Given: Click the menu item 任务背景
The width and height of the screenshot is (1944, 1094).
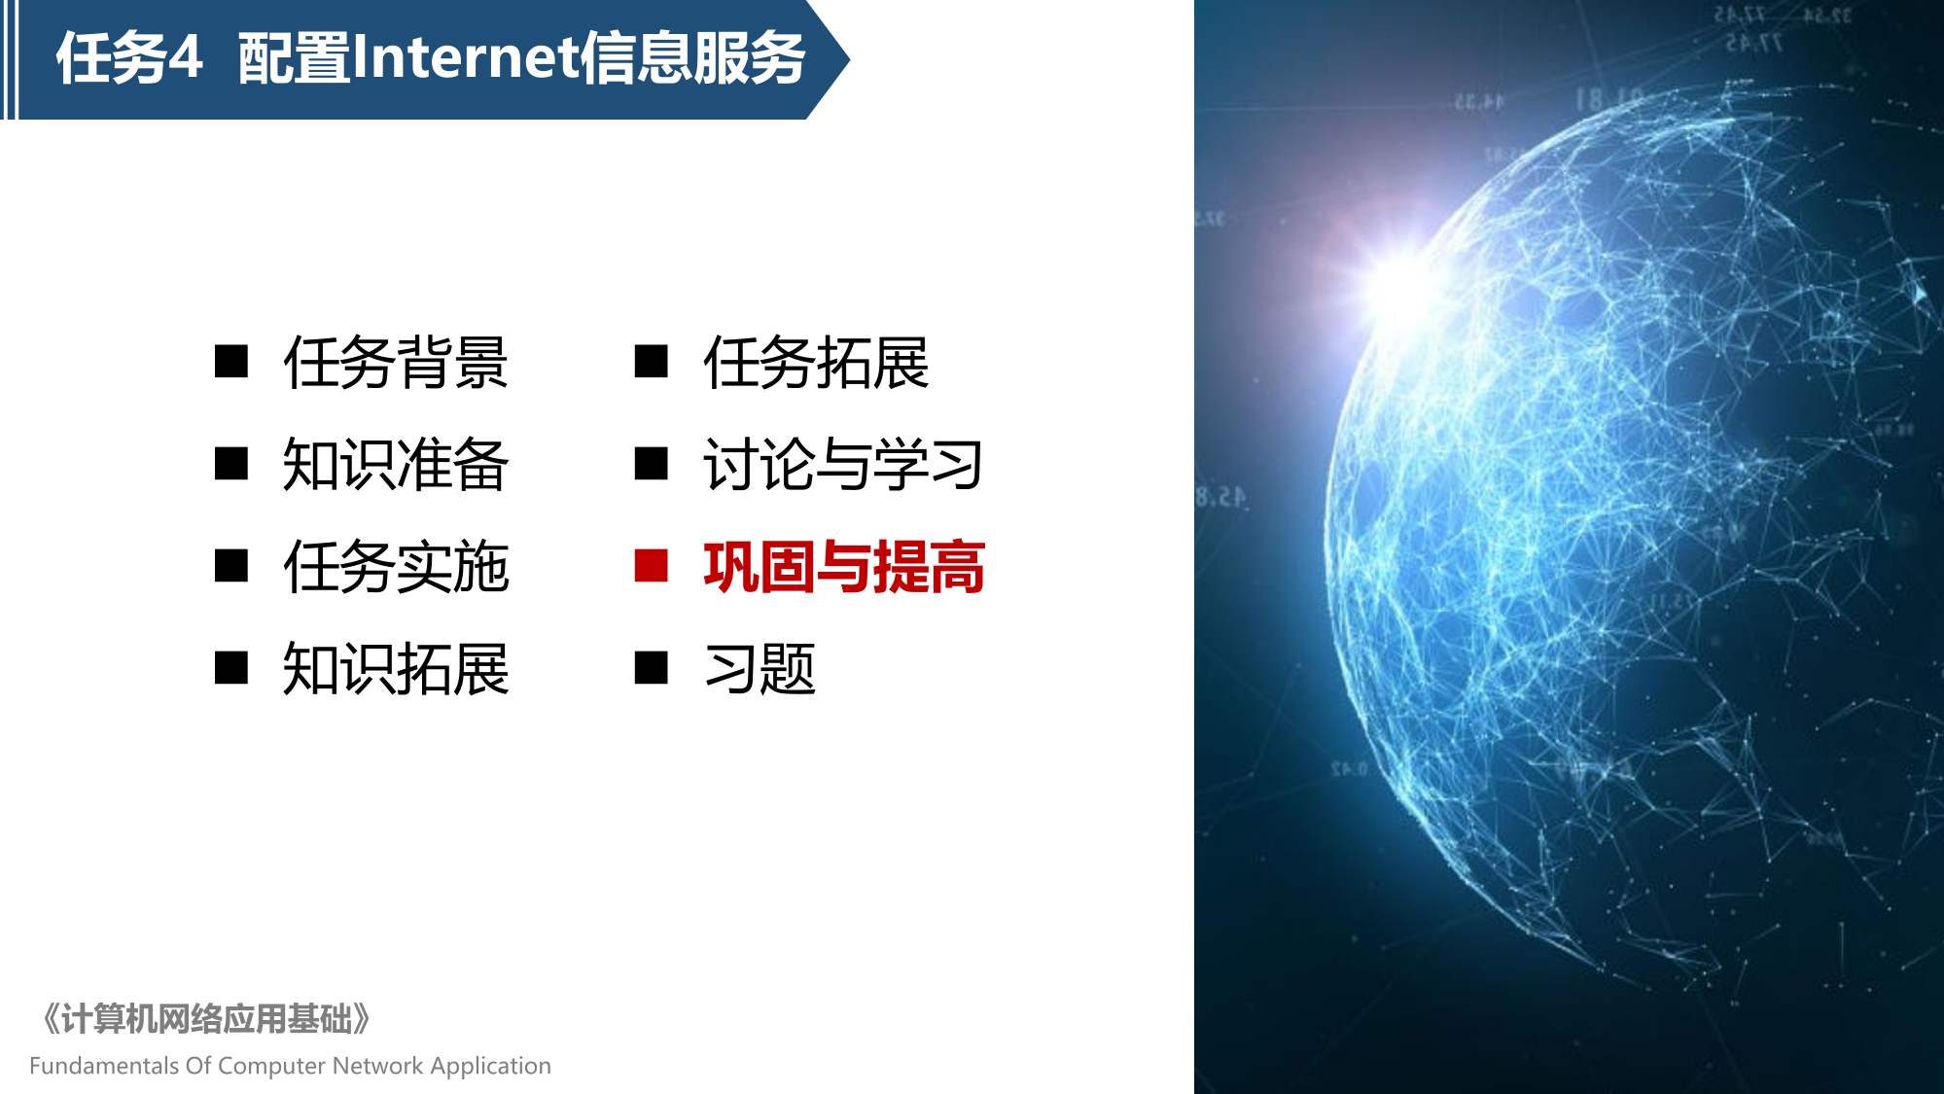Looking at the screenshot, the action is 396,363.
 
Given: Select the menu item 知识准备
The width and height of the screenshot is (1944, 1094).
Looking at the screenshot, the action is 396,465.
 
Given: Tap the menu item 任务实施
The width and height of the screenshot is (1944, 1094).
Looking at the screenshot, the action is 396,567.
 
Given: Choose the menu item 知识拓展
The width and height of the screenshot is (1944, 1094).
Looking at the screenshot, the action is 396,669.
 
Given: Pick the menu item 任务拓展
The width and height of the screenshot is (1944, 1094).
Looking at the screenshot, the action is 816,363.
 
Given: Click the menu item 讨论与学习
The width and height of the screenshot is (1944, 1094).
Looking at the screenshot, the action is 843,465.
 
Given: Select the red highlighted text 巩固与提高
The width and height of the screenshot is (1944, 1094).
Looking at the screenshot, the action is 844,567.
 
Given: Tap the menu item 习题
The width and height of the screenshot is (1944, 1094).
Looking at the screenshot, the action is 760,669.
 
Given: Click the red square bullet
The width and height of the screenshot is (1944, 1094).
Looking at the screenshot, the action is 651,566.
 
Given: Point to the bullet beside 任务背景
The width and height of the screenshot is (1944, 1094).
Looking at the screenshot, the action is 231,362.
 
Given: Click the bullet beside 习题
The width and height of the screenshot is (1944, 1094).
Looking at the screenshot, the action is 651,668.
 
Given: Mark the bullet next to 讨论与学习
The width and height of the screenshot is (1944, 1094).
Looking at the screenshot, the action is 651,464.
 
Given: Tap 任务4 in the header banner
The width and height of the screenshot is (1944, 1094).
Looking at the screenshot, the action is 129,58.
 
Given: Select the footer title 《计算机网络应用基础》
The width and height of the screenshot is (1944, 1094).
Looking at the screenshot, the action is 205,1019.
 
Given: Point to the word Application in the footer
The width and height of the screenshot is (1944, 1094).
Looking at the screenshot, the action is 490,1067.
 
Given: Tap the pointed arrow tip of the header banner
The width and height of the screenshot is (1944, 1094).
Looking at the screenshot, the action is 848,60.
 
